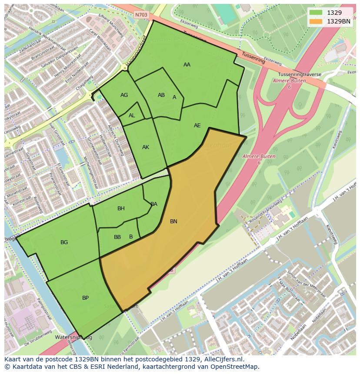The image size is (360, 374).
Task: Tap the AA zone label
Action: click(187, 65)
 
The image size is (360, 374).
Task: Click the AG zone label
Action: click(124, 95)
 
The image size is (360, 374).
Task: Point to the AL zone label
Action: click(132, 116)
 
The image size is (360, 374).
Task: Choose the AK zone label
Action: click(146, 147)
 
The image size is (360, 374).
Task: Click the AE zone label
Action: click(197, 126)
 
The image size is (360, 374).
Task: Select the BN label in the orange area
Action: click(173, 222)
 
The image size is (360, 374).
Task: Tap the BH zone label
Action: click(121, 209)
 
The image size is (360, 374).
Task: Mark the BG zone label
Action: click(64, 242)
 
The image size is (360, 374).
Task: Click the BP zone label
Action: click(85, 298)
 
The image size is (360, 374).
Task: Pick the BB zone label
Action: click(117, 237)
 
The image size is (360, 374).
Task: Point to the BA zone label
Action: click(154, 204)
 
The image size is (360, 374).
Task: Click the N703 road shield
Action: click(141, 15)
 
